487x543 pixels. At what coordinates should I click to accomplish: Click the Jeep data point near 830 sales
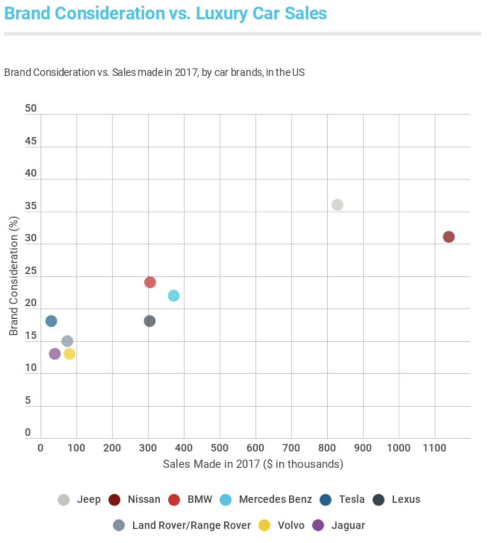(337, 205)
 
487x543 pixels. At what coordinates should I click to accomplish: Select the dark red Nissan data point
(449, 237)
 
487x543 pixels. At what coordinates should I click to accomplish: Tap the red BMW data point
(150, 282)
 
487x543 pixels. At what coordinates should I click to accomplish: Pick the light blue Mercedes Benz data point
(174, 295)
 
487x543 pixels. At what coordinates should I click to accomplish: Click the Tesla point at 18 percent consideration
(51, 321)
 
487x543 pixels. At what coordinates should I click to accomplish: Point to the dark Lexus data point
(150, 321)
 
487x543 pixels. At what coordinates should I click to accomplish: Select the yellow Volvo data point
(69, 354)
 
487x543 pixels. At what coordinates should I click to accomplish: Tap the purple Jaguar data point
(55, 354)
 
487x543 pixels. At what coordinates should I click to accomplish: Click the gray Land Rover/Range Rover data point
(67, 341)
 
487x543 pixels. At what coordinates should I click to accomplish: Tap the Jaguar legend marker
(318, 526)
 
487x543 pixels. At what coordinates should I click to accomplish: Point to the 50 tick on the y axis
(31, 109)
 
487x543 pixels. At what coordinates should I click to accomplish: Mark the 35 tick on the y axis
(31, 206)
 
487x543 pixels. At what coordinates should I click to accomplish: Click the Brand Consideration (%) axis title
(14, 275)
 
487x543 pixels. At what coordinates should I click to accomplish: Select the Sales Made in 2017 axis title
(253, 464)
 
